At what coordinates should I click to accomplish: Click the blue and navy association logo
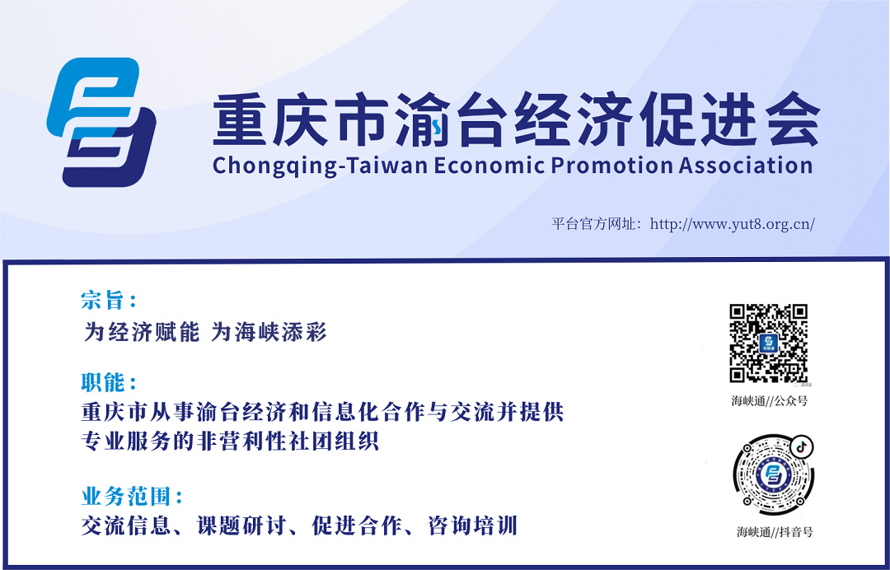pos(101,122)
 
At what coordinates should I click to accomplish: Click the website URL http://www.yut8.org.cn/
pos(733,223)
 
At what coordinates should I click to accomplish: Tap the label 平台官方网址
pos(593,223)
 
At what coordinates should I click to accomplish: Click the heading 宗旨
pos(102,301)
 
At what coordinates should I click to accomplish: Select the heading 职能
pos(102,383)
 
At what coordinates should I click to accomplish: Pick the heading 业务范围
pos(125,498)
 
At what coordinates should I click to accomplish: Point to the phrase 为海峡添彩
pos(269,332)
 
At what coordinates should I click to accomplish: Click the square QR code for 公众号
pos(769,343)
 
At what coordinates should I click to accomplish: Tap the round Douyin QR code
pos(773,474)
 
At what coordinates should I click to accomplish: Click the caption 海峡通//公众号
pos(769,401)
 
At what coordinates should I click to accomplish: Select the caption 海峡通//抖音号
pos(775,532)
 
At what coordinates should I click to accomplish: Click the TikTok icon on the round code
pos(802,446)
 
